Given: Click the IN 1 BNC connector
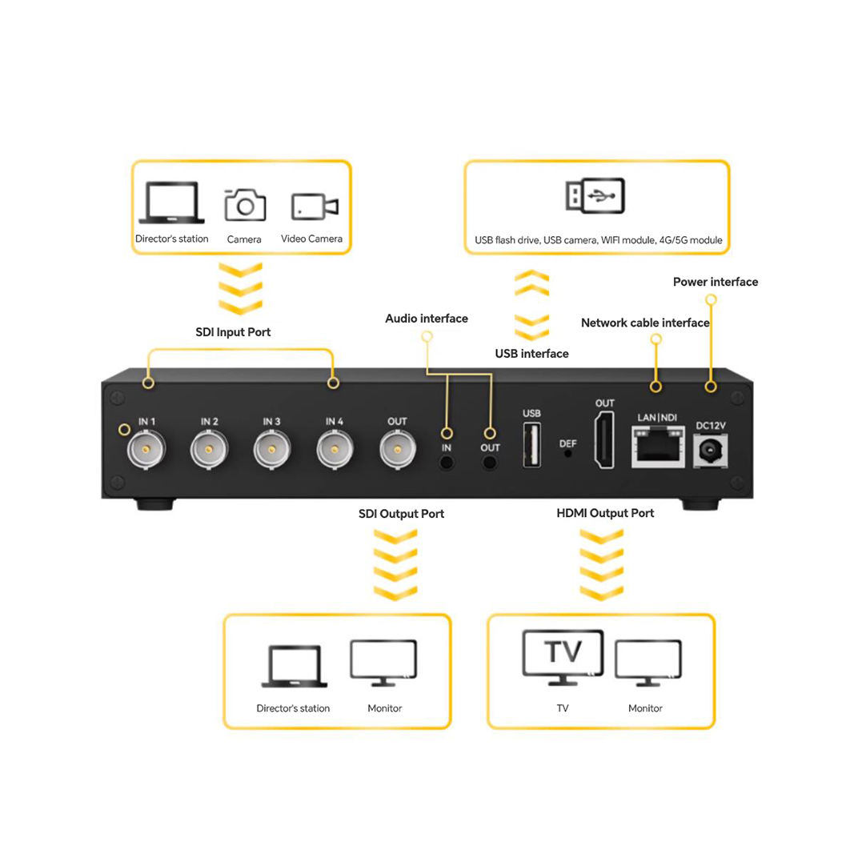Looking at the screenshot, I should click(145, 451).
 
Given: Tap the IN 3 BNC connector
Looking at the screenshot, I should click(271, 451).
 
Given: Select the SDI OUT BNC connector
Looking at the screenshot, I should click(396, 451).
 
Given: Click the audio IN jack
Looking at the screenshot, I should click(447, 462).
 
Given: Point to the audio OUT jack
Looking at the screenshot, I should click(490, 462).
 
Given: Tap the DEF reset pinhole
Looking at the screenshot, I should click(568, 453).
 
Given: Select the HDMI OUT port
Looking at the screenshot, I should click(604, 440).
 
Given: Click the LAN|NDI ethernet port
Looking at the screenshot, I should click(657, 446).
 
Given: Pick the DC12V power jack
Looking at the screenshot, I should click(709, 451).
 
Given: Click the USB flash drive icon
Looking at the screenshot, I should click(595, 196).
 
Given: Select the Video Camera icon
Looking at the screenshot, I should click(314, 206).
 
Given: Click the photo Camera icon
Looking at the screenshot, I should click(245, 205).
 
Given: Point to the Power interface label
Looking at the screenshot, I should click(715, 282).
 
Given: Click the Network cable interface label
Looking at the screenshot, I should click(645, 323).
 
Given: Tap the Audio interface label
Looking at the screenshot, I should click(427, 319).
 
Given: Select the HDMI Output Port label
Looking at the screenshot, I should click(605, 513).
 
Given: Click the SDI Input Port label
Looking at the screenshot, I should click(233, 332).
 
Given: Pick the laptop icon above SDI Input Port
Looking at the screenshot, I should click(171, 202).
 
